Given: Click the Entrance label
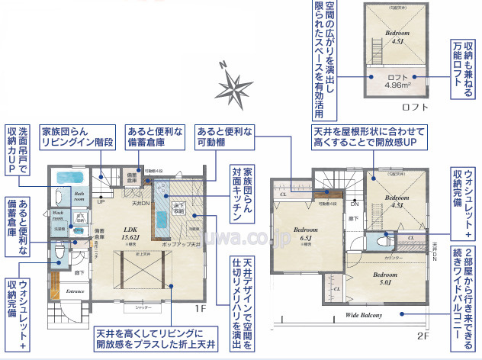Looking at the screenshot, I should click(x=76, y=291).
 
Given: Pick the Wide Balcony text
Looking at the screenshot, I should click(x=363, y=314).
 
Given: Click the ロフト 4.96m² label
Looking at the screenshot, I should click(x=398, y=81).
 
